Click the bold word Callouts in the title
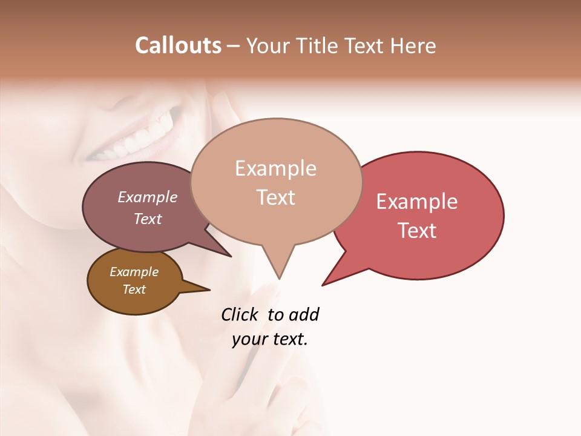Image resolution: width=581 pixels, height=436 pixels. [178, 45]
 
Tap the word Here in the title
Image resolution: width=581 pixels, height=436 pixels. [413, 45]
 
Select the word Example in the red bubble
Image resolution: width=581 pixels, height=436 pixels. [417, 202]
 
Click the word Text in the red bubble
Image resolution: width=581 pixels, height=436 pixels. [417, 231]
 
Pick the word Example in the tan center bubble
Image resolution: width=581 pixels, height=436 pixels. [275, 168]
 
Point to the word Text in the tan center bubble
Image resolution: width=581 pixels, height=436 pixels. [275, 197]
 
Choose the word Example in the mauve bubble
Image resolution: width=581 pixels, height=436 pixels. [148, 197]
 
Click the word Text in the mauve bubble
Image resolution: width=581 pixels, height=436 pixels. [148, 219]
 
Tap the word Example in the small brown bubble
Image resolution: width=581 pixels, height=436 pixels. [134, 272]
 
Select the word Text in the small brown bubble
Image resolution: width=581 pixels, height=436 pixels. [134, 289]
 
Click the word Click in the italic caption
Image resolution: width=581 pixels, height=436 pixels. [240, 314]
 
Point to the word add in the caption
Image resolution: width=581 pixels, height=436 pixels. [304, 314]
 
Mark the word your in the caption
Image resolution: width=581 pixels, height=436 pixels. [249, 339]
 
